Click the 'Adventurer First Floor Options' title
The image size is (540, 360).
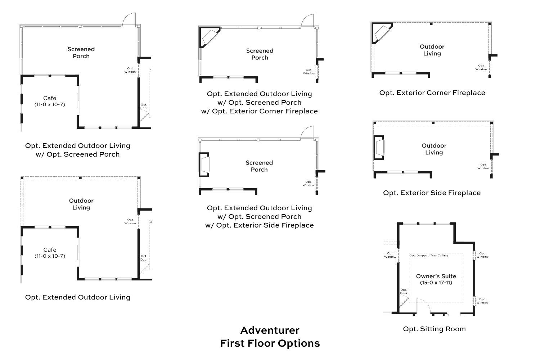click(x=270, y=337)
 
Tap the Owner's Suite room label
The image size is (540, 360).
click(x=436, y=276)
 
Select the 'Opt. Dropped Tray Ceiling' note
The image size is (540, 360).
click(x=428, y=256)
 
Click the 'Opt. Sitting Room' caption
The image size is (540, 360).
click(x=434, y=329)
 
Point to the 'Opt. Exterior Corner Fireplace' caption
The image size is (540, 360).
click(x=432, y=93)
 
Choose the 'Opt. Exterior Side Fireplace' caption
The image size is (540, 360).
click(x=432, y=193)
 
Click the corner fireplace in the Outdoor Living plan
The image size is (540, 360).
click(x=382, y=33)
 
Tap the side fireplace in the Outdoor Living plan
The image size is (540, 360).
click(x=379, y=148)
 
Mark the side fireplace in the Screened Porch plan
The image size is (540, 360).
click(x=204, y=165)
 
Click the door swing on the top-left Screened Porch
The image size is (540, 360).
click(x=129, y=19)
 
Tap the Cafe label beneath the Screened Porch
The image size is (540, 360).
click(x=50, y=98)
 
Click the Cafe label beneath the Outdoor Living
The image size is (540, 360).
click(x=50, y=250)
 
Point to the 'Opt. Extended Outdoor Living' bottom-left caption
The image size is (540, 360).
click(x=77, y=297)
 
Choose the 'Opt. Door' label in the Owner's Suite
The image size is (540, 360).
click(x=404, y=291)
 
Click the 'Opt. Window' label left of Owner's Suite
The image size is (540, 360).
click(x=390, y=255)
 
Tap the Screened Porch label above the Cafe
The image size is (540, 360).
click(x=81, y=53)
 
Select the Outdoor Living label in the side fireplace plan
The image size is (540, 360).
click(x=434, y=149)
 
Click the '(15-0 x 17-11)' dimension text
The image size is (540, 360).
click(x=436, y=283)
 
